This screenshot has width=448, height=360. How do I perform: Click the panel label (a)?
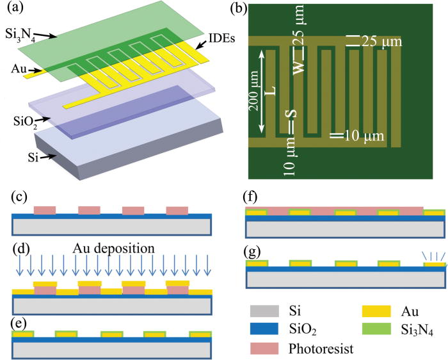pos(13,10)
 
